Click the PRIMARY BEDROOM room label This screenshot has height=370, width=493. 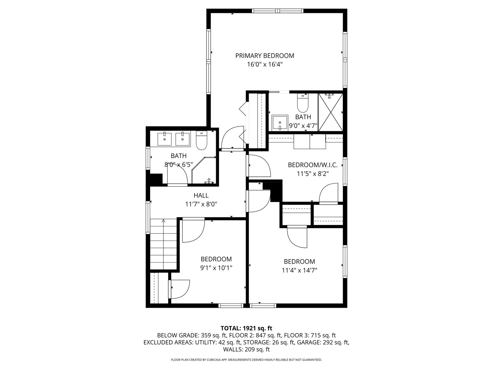pos(265,55)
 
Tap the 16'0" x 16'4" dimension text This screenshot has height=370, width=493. pos(265,64)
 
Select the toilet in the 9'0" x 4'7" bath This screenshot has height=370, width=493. pos(302,103)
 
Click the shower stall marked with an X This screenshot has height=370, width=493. pos(330,112)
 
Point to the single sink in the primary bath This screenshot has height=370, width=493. pos(280,123)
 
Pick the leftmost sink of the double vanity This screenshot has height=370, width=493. pos(164,139)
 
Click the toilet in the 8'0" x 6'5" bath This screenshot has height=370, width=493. pos(201,140)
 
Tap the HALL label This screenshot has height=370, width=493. pos(201,195)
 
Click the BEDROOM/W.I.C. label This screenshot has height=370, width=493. pos(313,165)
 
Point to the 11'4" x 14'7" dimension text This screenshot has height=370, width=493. pos(299,270)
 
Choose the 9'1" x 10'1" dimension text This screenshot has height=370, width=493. pos(216,268)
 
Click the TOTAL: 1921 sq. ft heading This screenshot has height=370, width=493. pos(246,328)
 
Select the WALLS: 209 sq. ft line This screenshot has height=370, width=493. pos(246,349)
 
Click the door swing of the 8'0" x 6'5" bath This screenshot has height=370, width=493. pos(178,176)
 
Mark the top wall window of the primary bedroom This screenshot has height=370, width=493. pos(278,11)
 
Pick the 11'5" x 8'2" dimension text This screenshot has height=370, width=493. pos(313,174)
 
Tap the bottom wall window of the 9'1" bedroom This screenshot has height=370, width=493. pos(231,306)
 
